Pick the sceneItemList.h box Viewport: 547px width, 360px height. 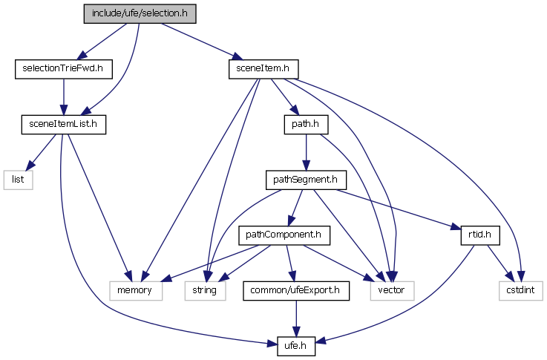point(63,124)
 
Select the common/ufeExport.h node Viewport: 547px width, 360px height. point(296,290)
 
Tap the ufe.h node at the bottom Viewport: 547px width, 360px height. point(296,345)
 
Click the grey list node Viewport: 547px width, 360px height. point(19,179)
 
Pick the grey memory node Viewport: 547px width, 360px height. point(136,290)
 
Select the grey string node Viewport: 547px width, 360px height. point(204,290)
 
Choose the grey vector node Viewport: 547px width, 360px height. point(391,290)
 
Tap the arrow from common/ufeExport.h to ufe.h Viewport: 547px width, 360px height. point(296,318)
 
